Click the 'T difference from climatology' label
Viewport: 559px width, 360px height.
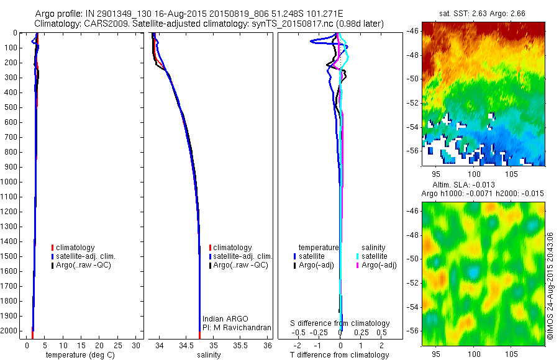click(340, 355)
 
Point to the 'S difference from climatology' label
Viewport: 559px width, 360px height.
click(340, 323)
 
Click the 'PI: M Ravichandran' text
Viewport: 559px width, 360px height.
click(236, 328)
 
